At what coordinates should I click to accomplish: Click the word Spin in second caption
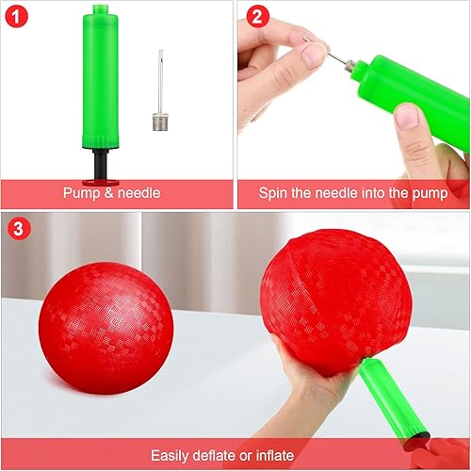275,193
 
